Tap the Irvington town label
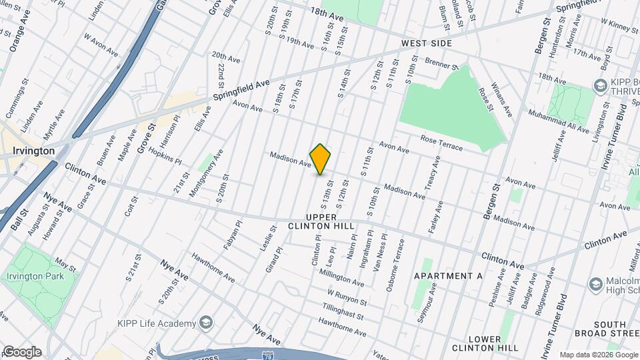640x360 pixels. pos(33,151)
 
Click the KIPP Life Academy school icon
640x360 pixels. pos(207,323)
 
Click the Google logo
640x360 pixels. pos(21,352)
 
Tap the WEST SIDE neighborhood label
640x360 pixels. pos(427,43)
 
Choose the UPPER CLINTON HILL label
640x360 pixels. pos(321,222)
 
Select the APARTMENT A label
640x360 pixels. pos(447,276)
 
